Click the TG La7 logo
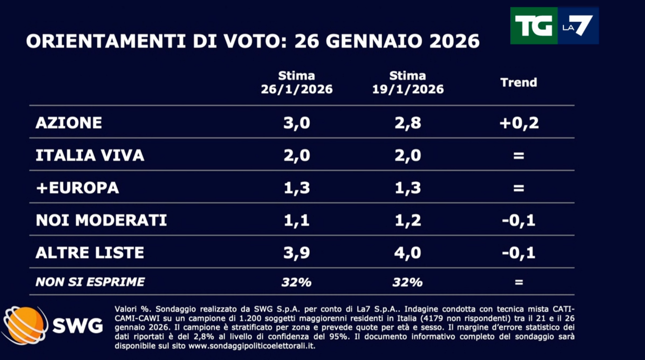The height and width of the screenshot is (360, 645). [554, 26]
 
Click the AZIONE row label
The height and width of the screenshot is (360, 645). [69, 123]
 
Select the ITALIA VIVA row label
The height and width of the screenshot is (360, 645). [90, 155]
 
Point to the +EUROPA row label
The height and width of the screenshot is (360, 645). [77, 188]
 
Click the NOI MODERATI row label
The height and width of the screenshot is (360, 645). [101, 220]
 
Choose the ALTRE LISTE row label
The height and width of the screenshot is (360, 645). [90, 253]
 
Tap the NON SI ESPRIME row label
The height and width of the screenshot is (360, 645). [90, 282]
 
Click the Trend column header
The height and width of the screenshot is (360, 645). [519, 82]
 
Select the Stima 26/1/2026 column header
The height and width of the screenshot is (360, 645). [296, 83]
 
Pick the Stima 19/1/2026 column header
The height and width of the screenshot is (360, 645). [407, 83]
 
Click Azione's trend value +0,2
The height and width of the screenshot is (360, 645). [519, 123]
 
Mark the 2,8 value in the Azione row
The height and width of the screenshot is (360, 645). [407, 123]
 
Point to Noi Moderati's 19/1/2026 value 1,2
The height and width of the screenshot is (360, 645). [407, 220]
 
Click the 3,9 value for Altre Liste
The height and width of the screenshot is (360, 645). [296, 253]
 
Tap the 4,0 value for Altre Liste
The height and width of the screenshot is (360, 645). [407, 253]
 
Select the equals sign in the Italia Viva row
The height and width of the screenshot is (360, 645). [519, 155]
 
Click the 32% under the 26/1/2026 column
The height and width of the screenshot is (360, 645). [296, 282]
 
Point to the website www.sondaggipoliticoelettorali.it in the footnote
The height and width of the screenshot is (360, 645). [252, 346]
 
